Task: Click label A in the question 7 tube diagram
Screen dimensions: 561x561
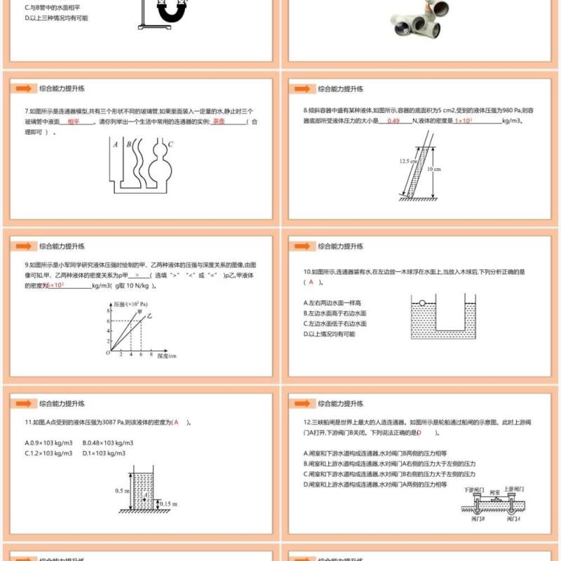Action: pos(115,145)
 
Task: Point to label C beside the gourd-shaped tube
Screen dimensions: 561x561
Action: pos(170,144)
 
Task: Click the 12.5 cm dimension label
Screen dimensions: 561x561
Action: pos(408,161)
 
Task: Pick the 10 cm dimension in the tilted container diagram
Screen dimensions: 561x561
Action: pos(435,169)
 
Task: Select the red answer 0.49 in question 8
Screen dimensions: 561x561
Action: pos(393,121)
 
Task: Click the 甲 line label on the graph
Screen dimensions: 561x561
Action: pos(139,311)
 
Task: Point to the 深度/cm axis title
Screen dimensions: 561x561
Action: pos(167,356)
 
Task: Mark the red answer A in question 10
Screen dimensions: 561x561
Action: pos(311,282)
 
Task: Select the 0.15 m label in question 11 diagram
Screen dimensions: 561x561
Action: pos(168,503)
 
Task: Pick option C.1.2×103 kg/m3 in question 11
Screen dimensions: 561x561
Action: pos(48,453)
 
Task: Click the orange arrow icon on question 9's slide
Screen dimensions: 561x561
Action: pos(24,246)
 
